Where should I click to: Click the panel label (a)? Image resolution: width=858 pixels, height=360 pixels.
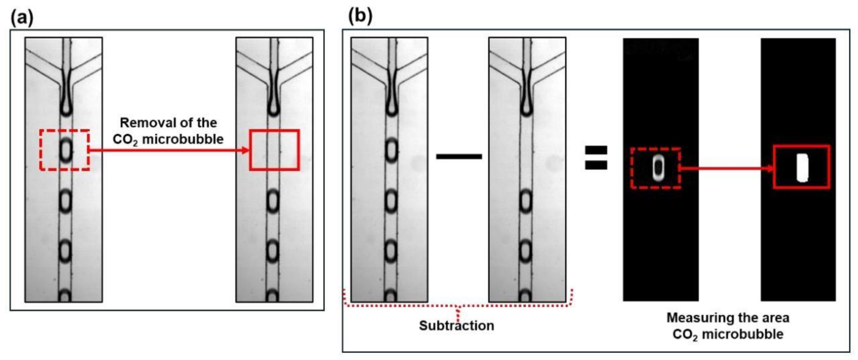[22, 17]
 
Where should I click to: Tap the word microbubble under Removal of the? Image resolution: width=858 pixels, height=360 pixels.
[182, 139]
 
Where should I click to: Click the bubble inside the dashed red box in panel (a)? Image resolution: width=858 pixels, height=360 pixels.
[65, 151]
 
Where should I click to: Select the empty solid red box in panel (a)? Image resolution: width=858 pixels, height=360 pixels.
[275, 150]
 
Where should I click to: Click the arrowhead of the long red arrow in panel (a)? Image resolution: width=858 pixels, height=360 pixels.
[246, 151]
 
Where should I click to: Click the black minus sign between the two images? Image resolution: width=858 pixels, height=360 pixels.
[459, 156]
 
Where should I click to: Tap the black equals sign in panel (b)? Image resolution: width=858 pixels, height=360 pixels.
[596, 158]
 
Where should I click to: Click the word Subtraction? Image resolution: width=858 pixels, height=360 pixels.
[456, 326]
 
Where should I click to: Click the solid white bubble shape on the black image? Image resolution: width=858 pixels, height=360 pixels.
[802, 168]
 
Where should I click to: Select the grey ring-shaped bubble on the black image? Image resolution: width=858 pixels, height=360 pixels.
[658, 168]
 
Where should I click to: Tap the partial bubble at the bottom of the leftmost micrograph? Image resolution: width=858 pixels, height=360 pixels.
[65, 296]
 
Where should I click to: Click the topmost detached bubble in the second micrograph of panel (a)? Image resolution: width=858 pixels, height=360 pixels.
[273, 201]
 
